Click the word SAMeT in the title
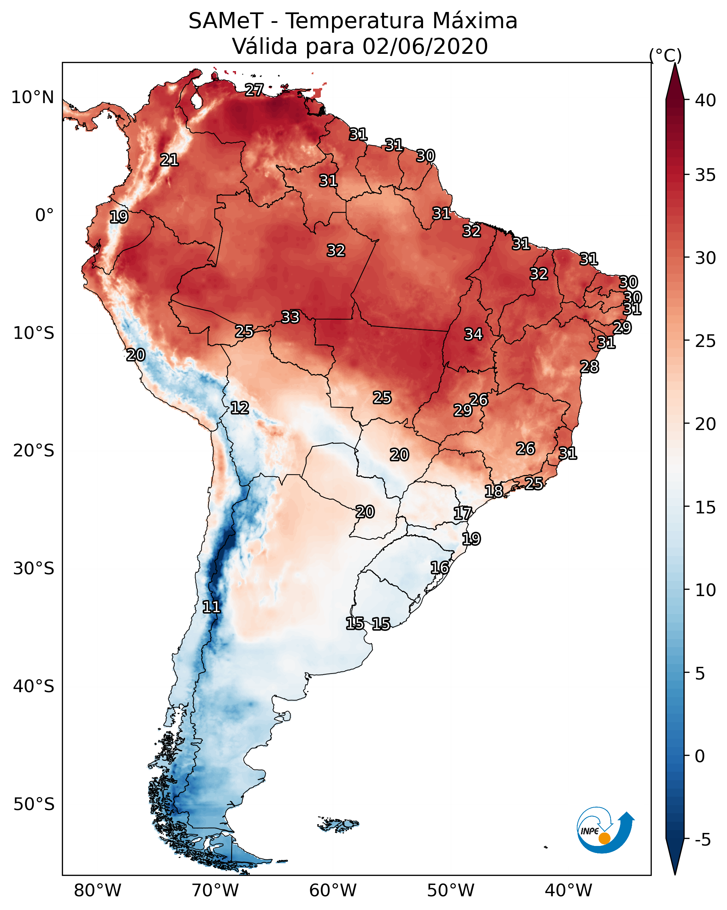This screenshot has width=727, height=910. pos(226,21)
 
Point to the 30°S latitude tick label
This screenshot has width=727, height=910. pos(34,569)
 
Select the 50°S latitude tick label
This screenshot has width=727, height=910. pos(34,804)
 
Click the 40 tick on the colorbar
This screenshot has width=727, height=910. pos(706,100)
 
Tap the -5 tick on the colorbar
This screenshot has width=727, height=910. pos(702,840)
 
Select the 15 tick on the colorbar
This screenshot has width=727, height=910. pos(706,507)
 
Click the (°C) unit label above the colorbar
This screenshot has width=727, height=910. pos(665,55)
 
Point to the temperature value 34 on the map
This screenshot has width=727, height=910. pos(473,334)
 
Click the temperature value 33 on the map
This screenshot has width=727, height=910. pos(290,317)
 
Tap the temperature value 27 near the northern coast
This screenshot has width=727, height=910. pos(254,90)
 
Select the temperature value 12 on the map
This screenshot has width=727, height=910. pos(240,408)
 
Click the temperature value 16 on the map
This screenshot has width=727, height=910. pos(440,568)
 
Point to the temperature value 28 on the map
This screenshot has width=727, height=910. pos(589,367)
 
